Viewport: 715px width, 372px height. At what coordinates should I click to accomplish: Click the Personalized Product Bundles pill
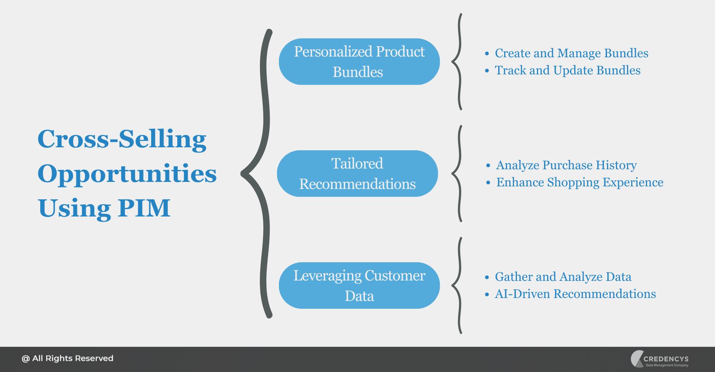[x=359, y=62]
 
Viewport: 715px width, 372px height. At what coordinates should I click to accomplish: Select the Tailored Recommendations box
[x=357, y=174]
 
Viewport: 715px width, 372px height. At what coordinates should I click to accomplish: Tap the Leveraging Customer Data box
[x=359, y=286]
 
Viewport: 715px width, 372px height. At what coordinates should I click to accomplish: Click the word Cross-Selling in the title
[x=122, y=139]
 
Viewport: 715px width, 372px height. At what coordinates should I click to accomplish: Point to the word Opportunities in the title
[x=127, y=174]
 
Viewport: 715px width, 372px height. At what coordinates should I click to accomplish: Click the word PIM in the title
[x=144, y=208]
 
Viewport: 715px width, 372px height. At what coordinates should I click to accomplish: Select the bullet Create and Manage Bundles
[x=571, y=53]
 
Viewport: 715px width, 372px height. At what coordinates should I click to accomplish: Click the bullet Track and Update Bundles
[x=568, y=70]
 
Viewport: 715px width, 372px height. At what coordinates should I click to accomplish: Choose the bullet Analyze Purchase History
[x=566, y=165]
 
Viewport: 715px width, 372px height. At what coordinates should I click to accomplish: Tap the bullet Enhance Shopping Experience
[x=579, y=182]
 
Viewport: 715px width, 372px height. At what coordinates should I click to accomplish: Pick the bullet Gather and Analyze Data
[x=563, y=277]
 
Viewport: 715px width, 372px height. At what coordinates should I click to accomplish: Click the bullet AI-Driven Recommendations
[x=575, y=294]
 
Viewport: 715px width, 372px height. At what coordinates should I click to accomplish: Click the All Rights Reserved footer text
[x=73, y=359]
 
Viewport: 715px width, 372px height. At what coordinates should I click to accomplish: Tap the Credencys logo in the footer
[x=660, y=359]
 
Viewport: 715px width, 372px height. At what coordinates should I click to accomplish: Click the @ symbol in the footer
[x=25, y=359]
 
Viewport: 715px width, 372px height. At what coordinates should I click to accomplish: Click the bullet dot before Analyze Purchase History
[x=488, y=166]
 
